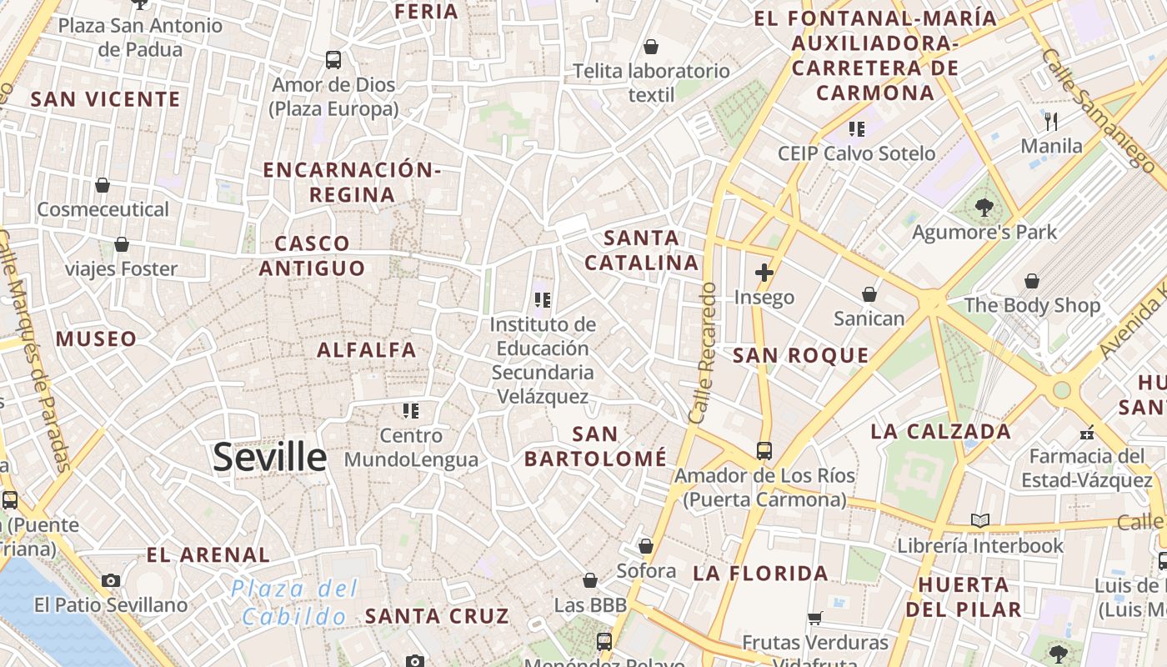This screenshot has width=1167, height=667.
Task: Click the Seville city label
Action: pos(270,457)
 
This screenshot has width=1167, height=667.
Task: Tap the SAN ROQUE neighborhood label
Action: pos(800,356)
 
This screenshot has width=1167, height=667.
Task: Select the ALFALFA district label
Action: pos(367,350)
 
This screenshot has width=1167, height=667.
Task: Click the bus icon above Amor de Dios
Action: pos(333,60)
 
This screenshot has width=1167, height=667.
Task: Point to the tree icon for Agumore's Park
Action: pos(984,208)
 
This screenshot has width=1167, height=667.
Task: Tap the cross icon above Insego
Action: pos(764,273)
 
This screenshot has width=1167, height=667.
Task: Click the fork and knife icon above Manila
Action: pos(1051,122)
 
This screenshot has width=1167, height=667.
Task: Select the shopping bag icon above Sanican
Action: pos(869,294)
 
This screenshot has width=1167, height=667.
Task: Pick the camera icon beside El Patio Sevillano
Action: pos(111,580)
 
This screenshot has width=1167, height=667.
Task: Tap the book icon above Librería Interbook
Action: pos(980,521)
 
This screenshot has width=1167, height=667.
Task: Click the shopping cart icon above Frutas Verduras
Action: pos(815,618)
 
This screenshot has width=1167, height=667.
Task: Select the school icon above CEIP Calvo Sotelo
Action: pos(856,129)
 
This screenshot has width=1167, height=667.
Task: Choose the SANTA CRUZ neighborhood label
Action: pos(437,617)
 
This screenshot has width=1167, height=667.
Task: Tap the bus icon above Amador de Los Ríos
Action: pos(764,451)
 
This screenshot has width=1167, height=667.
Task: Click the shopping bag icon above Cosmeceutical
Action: pos(103,185)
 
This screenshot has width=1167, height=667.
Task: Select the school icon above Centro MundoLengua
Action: pos(410,411)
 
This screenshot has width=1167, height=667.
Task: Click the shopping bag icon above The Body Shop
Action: pos(1032,281)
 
